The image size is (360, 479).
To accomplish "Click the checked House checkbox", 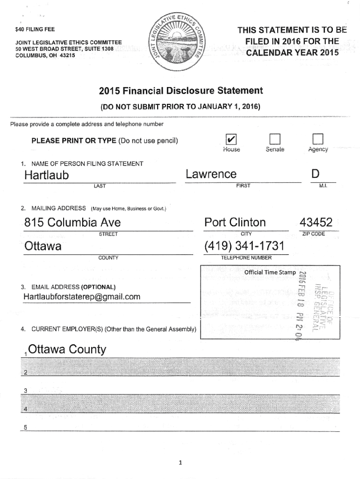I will (x=230, y=138).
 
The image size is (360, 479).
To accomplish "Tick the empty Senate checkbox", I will (x=274, y=138).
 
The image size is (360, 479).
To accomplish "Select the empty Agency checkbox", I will (x=318, y=138).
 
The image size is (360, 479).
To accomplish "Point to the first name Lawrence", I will (x=211, y=174).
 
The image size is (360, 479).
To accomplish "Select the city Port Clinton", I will (x=235, y=222).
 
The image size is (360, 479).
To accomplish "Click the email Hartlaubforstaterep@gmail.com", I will (x=82, y=297).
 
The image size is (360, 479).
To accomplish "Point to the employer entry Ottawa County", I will (x=67, y=349).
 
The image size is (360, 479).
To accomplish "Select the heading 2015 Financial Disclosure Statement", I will (x=180, y=91).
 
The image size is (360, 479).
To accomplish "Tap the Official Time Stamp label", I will (x=270, y=272).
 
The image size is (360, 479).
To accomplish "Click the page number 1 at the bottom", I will (x=180, y=463).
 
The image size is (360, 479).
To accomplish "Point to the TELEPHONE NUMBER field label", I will (x=246, y=258).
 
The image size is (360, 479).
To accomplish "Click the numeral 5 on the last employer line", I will (x=26, y=427).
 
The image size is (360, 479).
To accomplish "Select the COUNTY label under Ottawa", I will (x=108, y=258).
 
